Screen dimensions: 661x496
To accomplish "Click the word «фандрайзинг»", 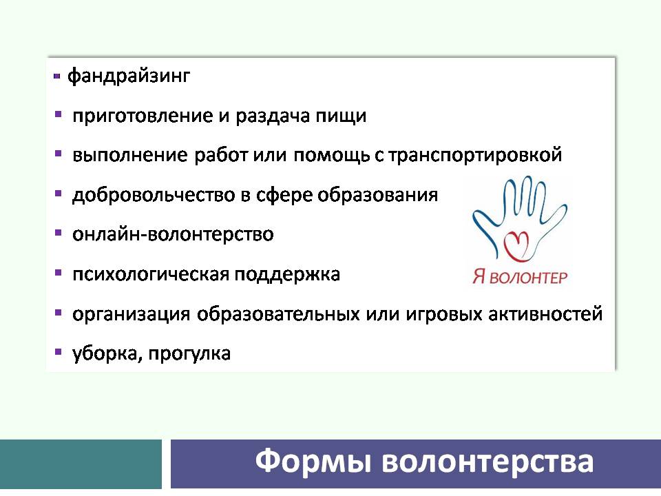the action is pyautogui.click(x=129, y=76).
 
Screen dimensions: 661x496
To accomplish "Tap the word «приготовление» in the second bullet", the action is pyautogui.click(x=143, y=116).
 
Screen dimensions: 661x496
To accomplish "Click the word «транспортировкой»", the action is pyautogui.click(x=474, y=155).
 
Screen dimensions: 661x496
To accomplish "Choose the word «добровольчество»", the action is pyautogui.click(x=154, y=195).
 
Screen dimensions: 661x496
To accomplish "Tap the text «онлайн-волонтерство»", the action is pyautogui.click(x=173, y=234).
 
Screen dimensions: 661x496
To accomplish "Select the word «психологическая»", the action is pyautogui.click(x=150, y=275).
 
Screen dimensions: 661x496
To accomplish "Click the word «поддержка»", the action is pyautogui.click(x=286, y=275).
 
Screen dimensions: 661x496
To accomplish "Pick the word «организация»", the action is pyautogui.click(x=131, y=314).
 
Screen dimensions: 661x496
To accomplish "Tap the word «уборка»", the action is pyautogui.click(x=107, y=354).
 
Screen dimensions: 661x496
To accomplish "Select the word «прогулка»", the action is pyautogui.click(x=189, y=354).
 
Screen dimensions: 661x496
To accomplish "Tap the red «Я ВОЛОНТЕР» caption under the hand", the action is pyautogui.click(x=519, y=277).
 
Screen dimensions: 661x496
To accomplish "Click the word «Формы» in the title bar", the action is pyautogui.click(x=314, y=461).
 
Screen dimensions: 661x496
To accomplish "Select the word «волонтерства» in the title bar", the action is pyautogui.click(x=487, y=461).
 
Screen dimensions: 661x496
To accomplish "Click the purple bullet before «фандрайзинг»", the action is pyautogui.click(x=57, y=76).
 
